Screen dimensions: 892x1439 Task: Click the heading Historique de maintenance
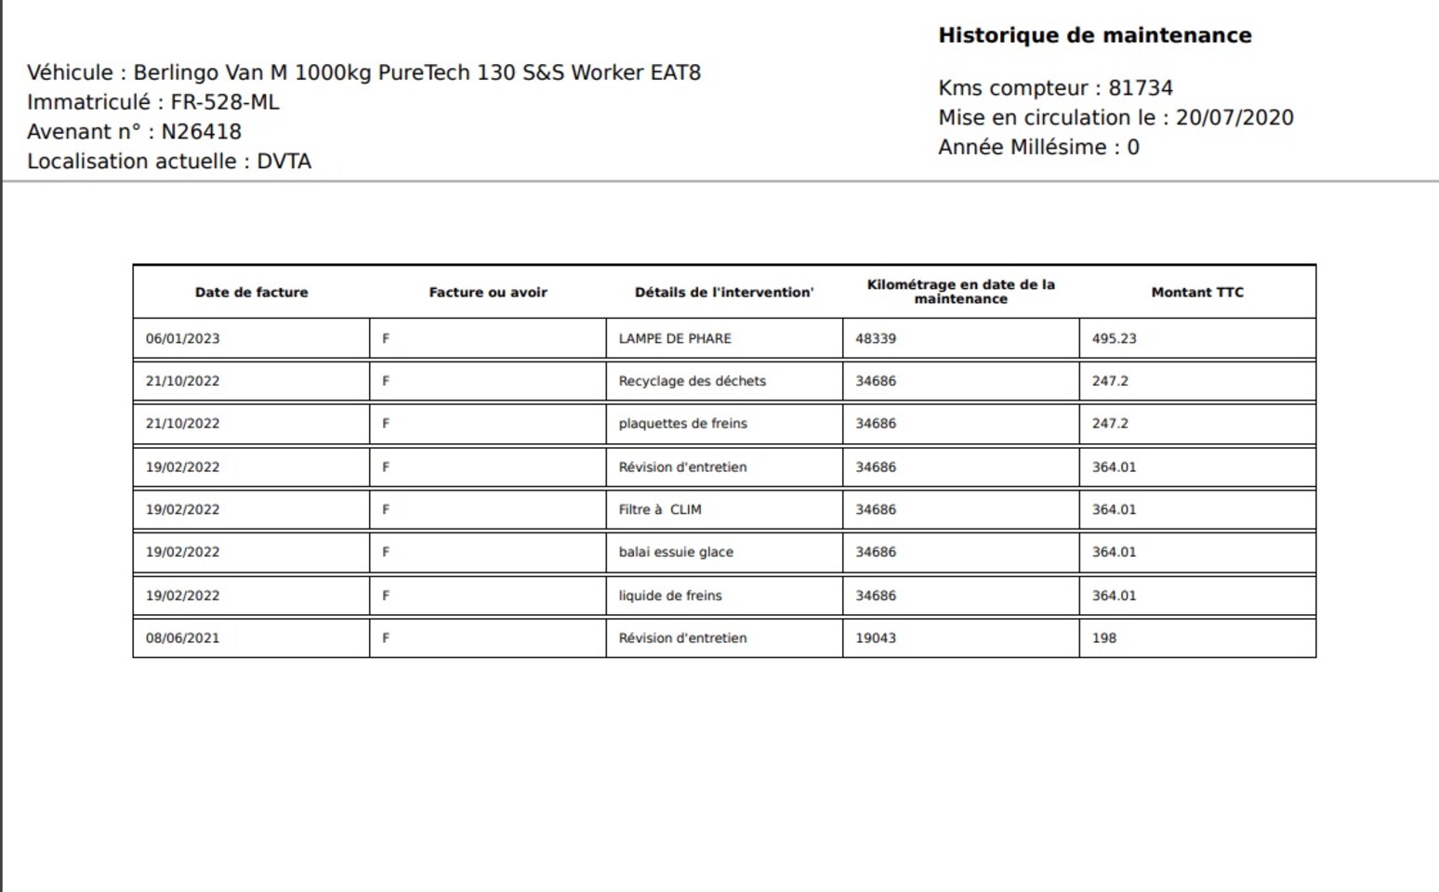click(1094, 35)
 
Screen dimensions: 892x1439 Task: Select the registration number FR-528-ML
click(224, 102)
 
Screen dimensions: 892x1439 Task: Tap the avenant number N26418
click(201, 132)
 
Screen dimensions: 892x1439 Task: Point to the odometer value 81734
click(1141, 88)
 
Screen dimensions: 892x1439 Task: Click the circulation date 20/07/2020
click(1234, 118)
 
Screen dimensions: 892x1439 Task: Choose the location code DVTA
click(284, 162)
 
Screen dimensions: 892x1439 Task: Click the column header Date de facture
click(251, 292)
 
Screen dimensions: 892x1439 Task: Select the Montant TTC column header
click(1196, 292)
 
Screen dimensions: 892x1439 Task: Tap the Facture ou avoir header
click(488, 292)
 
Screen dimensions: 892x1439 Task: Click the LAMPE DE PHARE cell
click(675, 338)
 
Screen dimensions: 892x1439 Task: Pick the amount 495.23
click(1114, 338)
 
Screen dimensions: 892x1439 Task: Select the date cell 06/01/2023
click(182, 338)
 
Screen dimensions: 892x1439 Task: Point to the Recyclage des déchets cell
click(692, 381)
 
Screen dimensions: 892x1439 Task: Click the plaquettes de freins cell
click(682, 424)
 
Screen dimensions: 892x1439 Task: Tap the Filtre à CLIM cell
click(660, 509)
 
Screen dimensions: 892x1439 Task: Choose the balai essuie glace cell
click(676, 552)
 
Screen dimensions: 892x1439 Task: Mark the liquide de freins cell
click(670, 596)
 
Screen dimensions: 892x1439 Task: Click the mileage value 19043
click(876, 638)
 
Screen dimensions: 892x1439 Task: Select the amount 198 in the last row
click(1103, 638)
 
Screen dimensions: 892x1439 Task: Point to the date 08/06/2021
click(182, 638)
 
